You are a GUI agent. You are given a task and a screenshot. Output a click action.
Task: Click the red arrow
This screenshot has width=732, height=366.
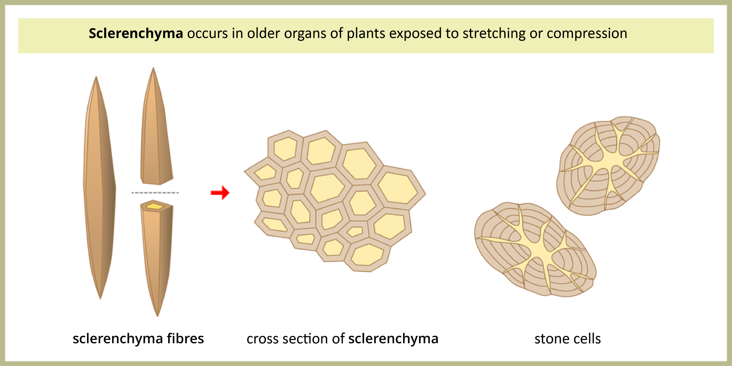[220, 193]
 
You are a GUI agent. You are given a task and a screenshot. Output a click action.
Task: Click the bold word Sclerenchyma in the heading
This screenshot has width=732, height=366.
[136, 34]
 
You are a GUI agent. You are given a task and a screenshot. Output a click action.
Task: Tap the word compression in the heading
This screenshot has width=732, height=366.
[587, 34]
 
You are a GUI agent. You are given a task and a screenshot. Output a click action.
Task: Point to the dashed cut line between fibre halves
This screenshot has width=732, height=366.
[155, 193]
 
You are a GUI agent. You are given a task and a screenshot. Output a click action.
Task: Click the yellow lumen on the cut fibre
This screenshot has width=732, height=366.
[155, 206]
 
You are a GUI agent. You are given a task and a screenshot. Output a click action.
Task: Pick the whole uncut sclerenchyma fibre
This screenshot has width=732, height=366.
[99, 187]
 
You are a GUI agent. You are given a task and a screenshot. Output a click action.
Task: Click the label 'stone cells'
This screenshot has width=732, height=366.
[567, 339]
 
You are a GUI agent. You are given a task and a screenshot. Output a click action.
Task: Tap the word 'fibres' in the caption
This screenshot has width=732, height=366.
[185, 339]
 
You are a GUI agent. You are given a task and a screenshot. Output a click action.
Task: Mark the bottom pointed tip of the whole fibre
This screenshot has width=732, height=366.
[100, 297]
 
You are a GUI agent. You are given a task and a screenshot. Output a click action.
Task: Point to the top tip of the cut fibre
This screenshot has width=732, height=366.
[153, 69]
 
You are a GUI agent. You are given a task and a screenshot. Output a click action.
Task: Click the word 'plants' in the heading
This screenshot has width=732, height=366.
[366, 34]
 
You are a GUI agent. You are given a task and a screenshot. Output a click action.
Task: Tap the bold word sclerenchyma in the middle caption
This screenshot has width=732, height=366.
[393, 339]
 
